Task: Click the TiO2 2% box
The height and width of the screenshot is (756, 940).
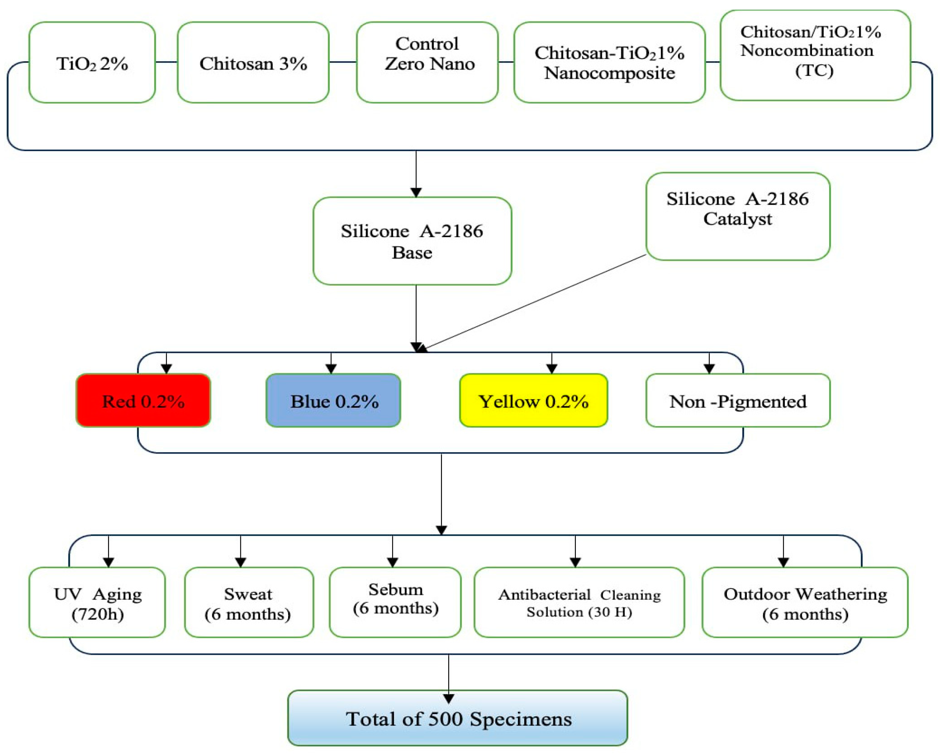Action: (x=92, y=63)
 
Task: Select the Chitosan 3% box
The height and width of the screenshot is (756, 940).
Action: (x=253, y=63)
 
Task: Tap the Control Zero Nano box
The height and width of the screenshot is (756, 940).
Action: (x=427, y=63)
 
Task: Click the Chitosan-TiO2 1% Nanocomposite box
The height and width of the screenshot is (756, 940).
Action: (x=609, y=63)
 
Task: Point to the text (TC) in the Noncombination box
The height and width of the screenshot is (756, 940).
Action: (x=814, y=71)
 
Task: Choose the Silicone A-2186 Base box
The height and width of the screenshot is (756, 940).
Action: (x=412, y=241)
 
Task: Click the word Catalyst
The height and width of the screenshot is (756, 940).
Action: (x=737, y=219)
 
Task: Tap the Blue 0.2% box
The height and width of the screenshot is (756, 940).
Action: (x=334, y=401)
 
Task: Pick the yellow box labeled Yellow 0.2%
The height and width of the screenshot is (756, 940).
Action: (x=533, y=401)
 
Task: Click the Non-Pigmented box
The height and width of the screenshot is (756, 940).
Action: (x=738, y=401)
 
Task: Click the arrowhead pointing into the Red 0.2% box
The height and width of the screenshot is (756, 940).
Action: (x=166, y=369)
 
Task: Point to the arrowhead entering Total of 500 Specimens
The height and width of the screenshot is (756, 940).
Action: (x=448, y=699)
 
